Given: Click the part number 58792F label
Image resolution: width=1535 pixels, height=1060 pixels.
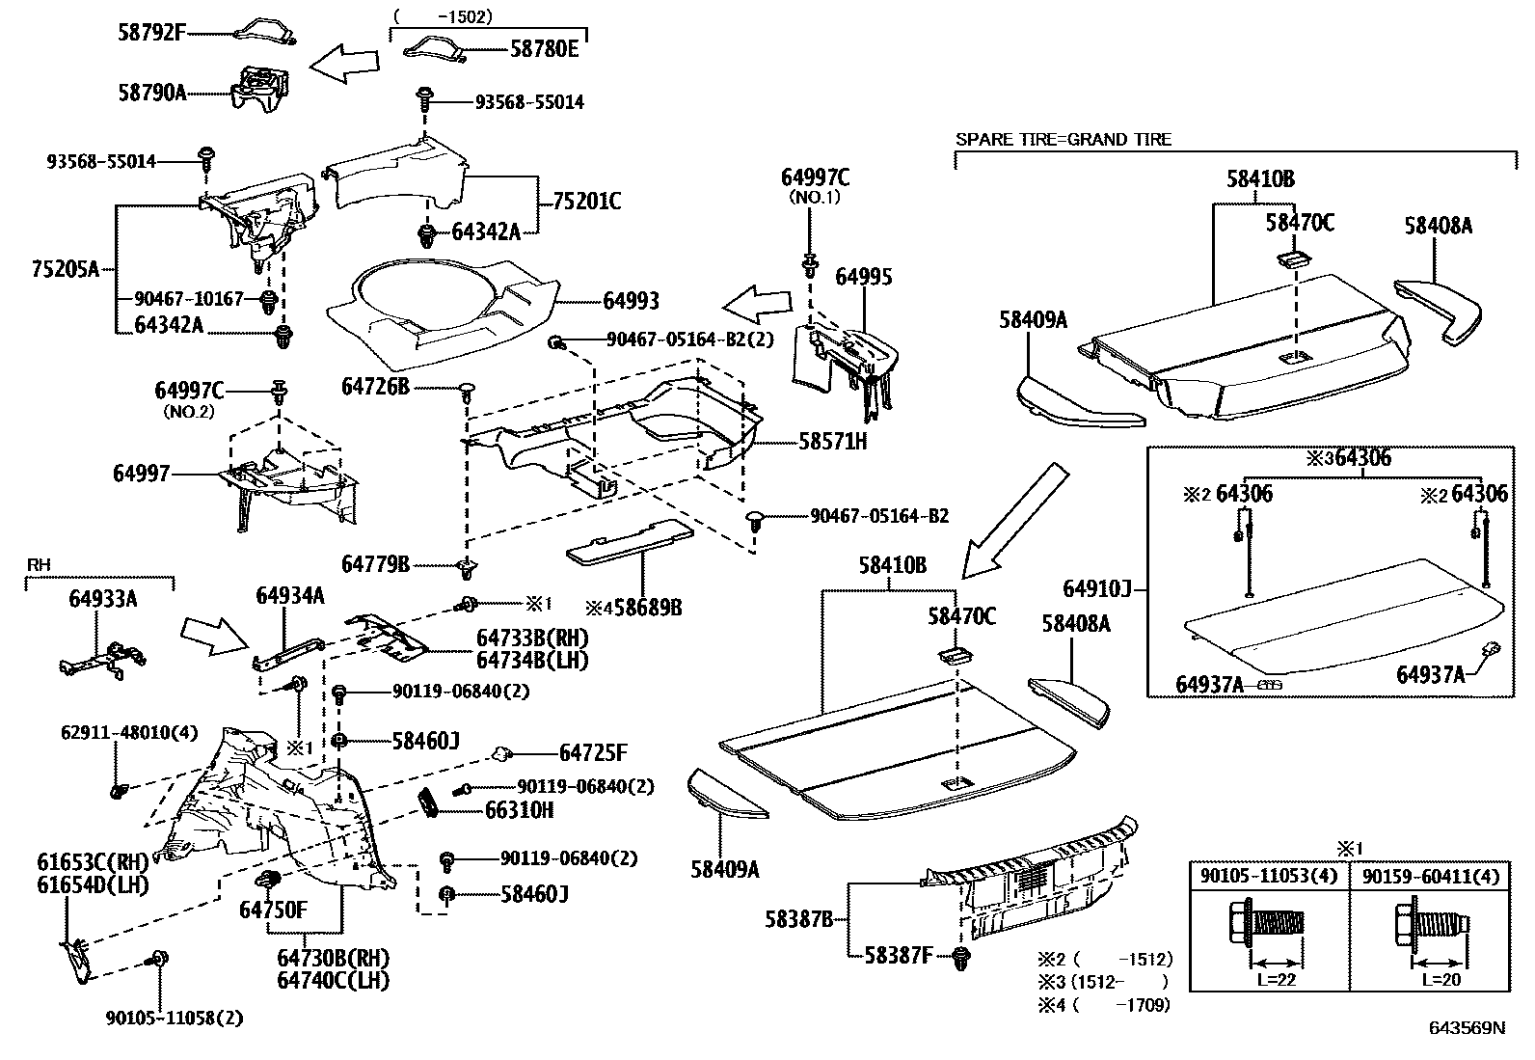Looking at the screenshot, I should (x=150, y=32).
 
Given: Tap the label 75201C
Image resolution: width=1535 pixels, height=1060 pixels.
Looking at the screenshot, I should (x=586, y=202).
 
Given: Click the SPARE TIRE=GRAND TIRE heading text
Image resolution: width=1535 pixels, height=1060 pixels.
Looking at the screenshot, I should (x=1063, y=140).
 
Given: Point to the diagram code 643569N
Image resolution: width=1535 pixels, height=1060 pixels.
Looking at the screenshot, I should (x=1467, y=1028).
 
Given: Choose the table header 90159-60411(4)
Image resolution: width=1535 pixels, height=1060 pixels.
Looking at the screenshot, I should (x=1431, y=876).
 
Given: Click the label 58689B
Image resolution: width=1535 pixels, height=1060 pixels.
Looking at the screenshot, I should (x=642, y=608).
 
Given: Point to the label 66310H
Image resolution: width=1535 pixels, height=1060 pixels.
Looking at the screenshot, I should (x=519, y=810).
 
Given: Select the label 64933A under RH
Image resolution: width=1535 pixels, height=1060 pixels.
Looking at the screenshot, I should (x=102, y=599).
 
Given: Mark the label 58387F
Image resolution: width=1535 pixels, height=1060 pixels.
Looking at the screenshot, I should (x=898, y=956).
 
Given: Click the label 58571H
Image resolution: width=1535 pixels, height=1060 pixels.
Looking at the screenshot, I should (x=832, y=442).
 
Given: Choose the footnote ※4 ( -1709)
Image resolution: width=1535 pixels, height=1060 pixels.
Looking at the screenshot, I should (x=1104, y=1005).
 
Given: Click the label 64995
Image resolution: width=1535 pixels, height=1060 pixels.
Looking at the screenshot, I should (x=864, y=277).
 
